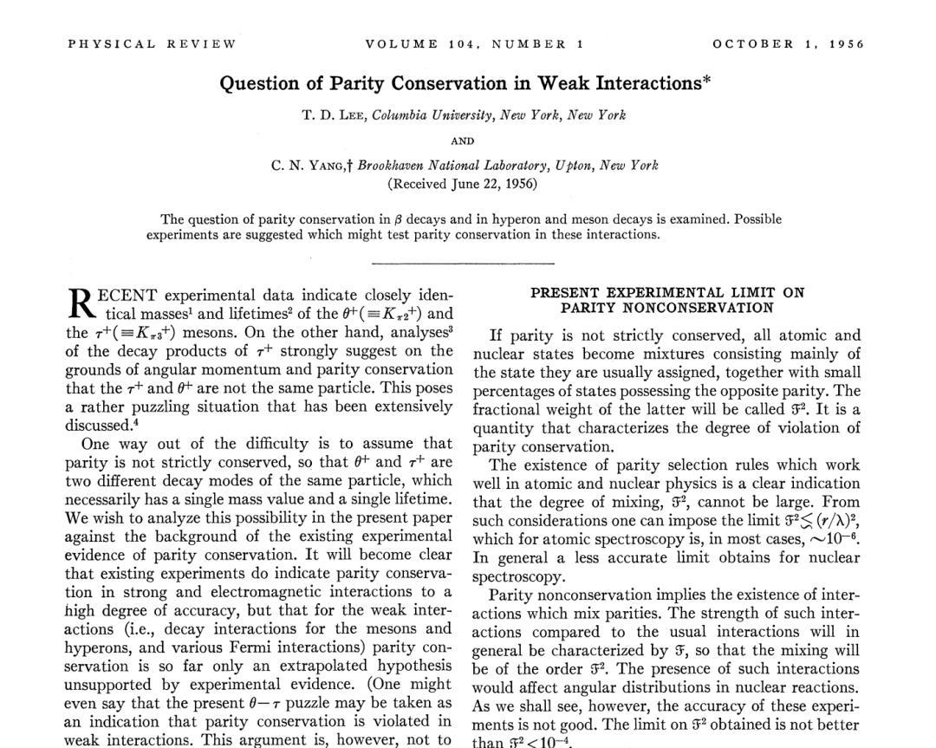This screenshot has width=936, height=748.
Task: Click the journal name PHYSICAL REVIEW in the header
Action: [x=152, y=44]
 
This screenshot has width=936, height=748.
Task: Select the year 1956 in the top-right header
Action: [x=847, y=44]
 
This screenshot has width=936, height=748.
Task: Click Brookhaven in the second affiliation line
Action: [x=394, y=166]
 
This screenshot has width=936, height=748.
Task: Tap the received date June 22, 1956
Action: [x=491, y=184]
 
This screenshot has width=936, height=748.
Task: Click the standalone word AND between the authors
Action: [x=463, y=141]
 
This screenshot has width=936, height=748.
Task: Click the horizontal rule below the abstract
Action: [x=463, y=262]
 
